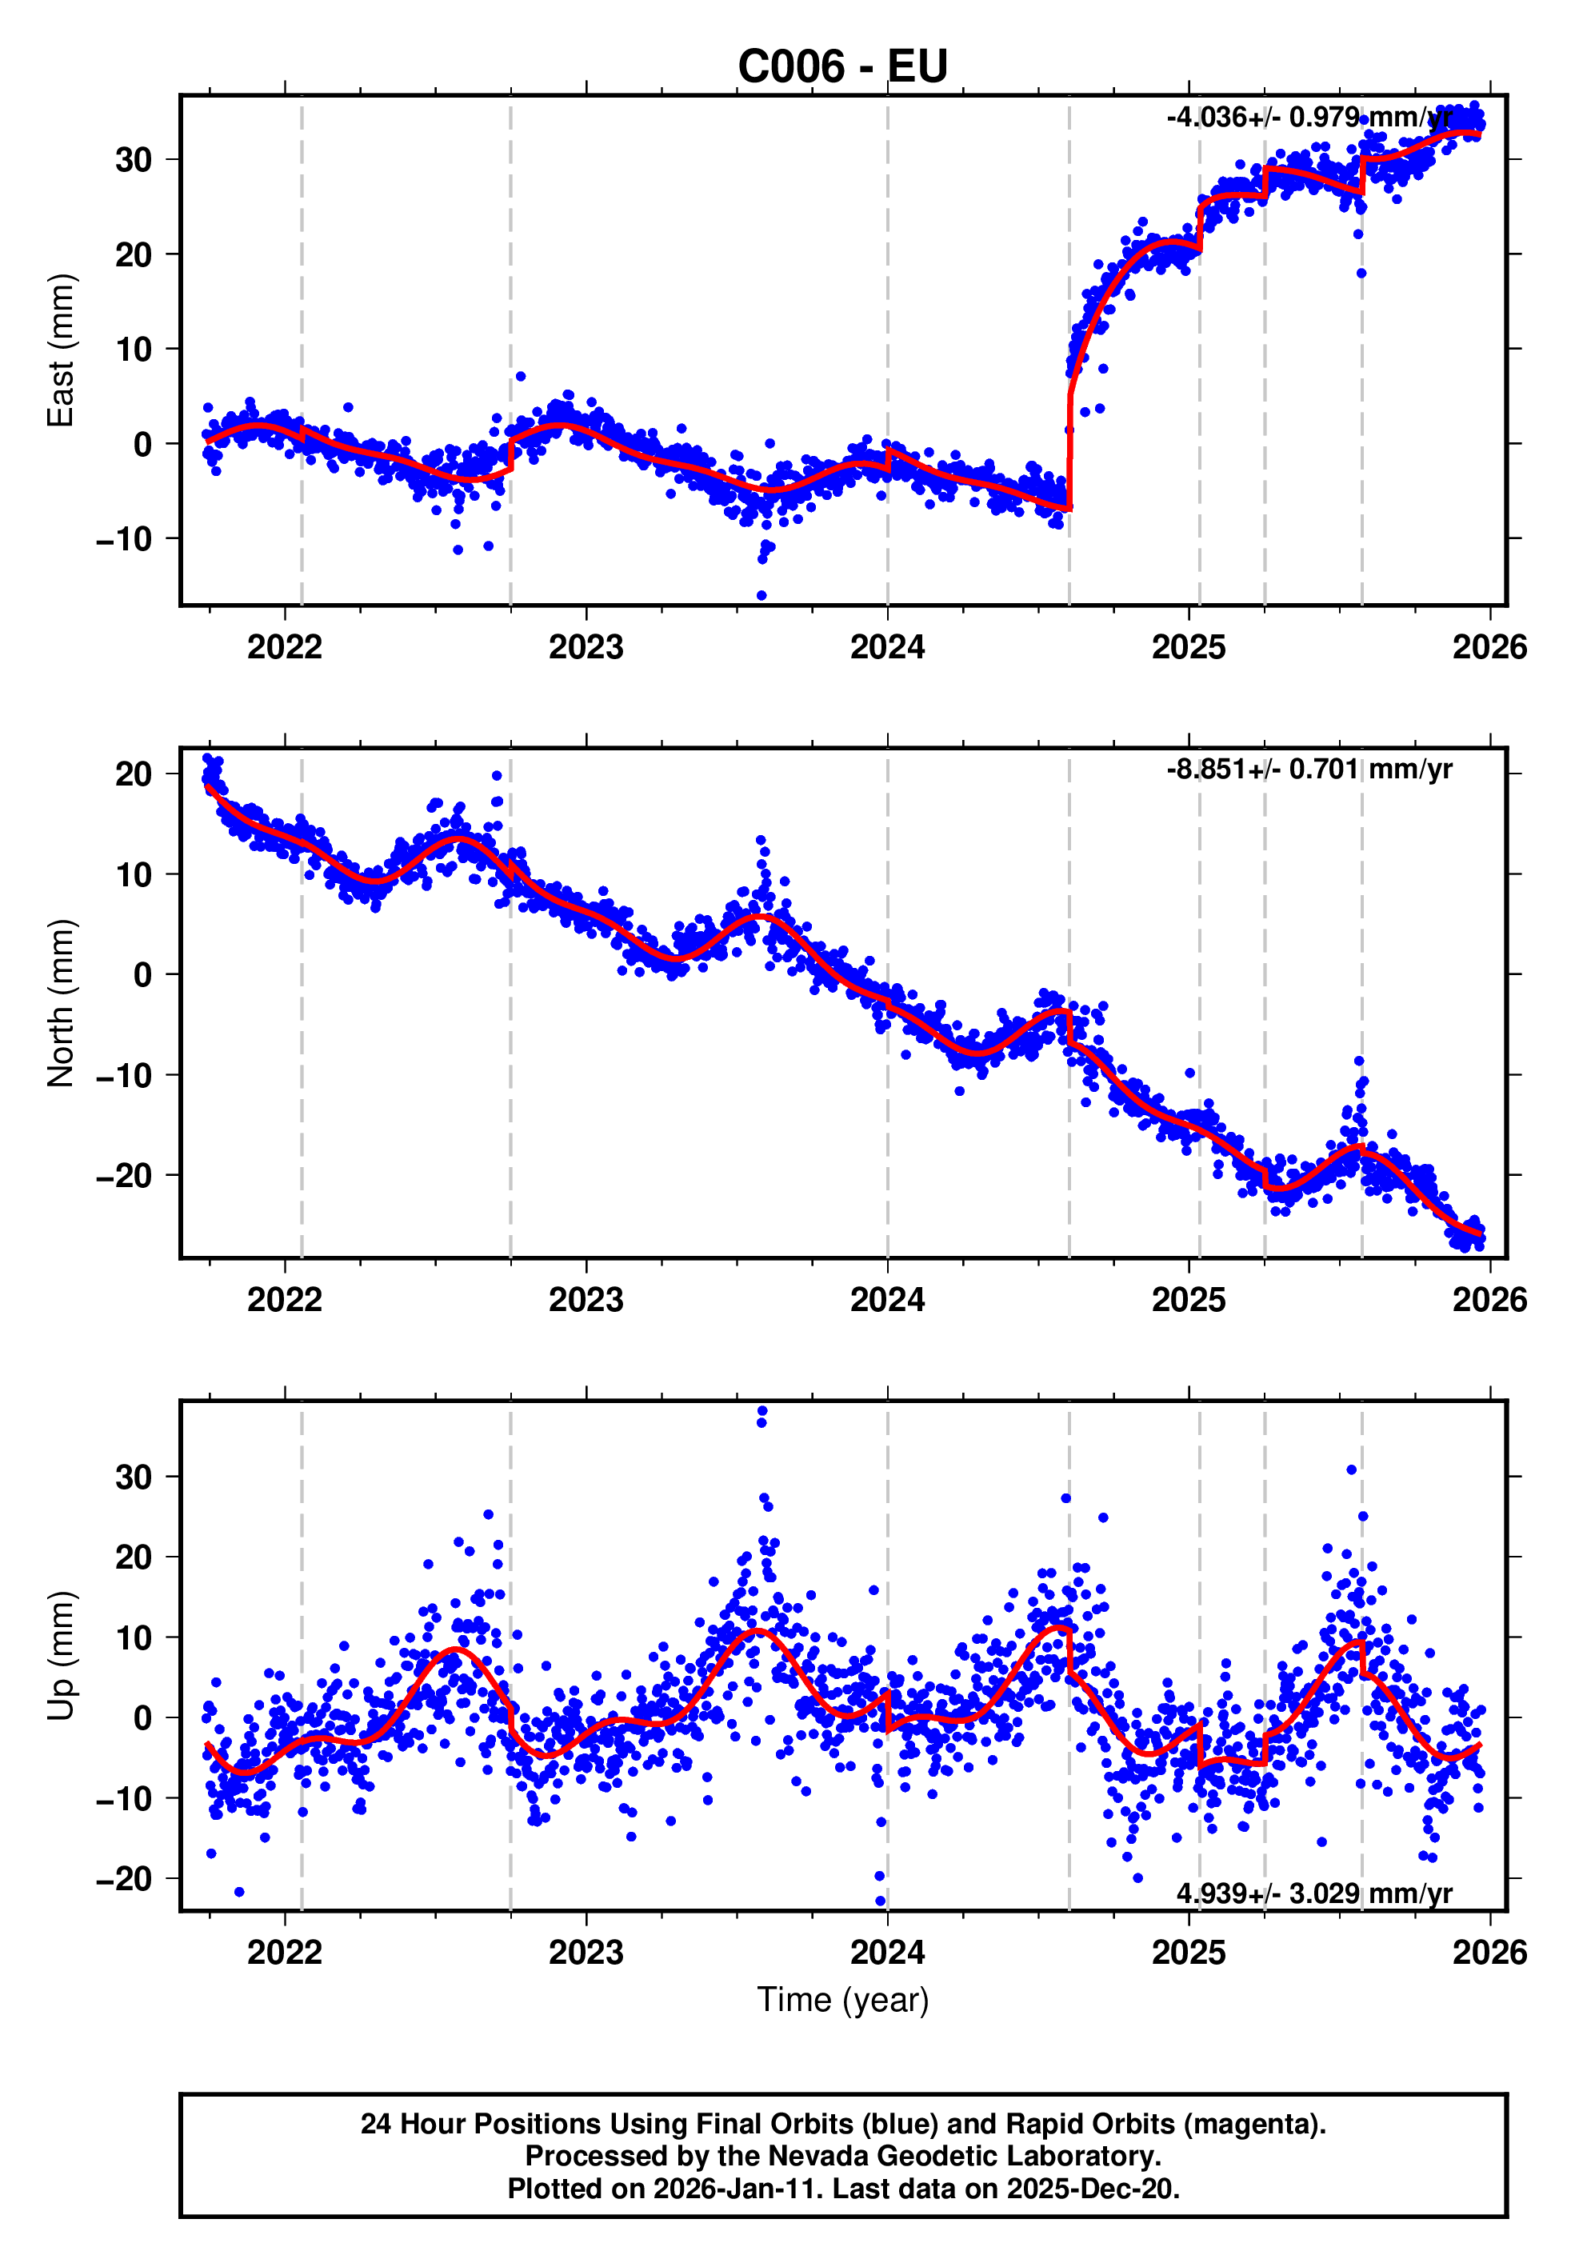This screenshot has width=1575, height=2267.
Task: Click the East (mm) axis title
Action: click(61, 350)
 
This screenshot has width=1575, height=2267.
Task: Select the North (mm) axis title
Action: click(61, 1003)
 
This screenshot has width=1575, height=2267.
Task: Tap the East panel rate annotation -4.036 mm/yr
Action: click(1309, 118)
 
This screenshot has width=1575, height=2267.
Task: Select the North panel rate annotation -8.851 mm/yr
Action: click(1309, 769)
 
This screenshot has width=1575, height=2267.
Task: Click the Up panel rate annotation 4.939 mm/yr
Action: click(1313, 1893)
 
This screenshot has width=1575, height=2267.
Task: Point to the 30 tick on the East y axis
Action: click(134, 160)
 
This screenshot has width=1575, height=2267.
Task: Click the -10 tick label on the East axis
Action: click(123, 539)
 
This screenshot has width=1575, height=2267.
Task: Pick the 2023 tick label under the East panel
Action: click(586, 647)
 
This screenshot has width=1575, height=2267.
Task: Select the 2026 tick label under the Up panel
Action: click(1489, 1952)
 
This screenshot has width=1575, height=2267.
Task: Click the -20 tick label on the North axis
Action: click(123, 1175)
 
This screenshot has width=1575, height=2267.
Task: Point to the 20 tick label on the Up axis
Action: click(134, 1557)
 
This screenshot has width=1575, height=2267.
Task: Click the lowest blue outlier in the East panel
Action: click(761, 595)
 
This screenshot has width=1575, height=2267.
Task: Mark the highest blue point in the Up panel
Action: click(762, 1411)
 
